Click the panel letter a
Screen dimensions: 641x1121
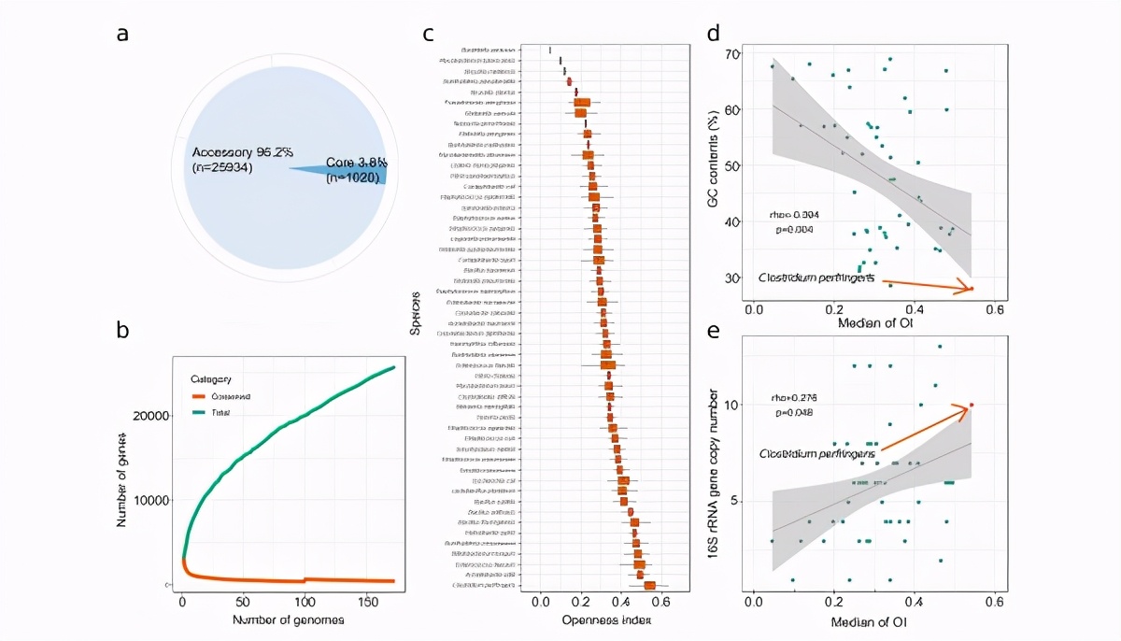click(121, 35)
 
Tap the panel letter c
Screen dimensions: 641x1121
click(429, 35)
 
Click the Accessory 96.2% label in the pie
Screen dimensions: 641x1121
click(228, 153)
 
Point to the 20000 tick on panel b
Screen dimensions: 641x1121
click(152, 416)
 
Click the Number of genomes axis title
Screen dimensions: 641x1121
click(277, 619)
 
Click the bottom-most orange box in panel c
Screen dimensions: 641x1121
click(649, 586)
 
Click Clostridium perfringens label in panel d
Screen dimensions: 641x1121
click(816, 278)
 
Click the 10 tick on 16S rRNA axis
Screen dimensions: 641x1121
click(733, 405)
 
